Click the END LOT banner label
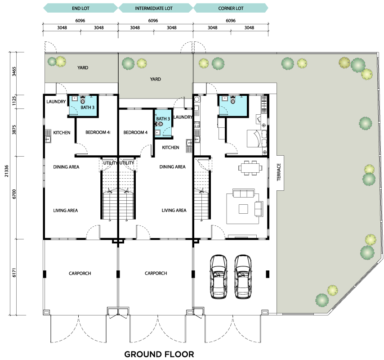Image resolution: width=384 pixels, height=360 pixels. pos(80,9)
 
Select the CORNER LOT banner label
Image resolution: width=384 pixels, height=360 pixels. pos(231,9)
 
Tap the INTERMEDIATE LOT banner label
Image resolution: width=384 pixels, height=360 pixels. pos(154,9)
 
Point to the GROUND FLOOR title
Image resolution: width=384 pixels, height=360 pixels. pos(159,354)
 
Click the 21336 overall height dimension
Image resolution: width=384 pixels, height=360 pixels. pos(7,171)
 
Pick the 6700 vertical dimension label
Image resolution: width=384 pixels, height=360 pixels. pos(14,194)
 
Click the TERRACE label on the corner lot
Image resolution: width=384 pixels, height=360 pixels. pos(279,172)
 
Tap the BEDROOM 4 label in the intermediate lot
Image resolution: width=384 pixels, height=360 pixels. pos(135,133)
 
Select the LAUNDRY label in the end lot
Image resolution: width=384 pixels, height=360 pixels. pos(56,101)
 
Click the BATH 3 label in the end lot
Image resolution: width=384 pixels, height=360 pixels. pos(87,108)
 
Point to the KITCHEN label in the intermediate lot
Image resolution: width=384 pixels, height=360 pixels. pos(170,148)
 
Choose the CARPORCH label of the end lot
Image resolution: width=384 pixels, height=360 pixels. pos(80,273)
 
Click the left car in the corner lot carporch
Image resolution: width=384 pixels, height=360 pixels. pos(219,277)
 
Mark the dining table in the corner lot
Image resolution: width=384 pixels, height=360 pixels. pos(250,168)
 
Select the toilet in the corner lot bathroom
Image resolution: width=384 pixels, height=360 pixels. pos(232,99)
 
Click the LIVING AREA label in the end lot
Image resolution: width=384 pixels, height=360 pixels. pos(65,211)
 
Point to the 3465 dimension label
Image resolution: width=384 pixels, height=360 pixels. pos(14,71)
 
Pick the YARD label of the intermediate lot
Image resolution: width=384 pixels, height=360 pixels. pos(155,79)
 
